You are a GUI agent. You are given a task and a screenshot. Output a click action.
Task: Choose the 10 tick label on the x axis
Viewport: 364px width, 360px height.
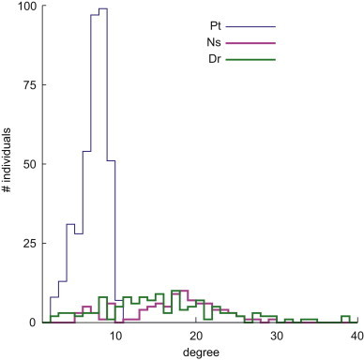pyautogui.click(x=115, y=335)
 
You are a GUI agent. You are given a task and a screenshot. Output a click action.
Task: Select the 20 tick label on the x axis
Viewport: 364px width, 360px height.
pyautogui.click(x=196, y=335)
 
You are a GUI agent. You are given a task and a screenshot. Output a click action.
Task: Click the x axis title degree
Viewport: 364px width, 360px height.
pyautogui.click(x=196, y=352)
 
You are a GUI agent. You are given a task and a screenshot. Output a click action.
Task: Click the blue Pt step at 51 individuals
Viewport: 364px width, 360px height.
pyautogui.click(x=111, y=160)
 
